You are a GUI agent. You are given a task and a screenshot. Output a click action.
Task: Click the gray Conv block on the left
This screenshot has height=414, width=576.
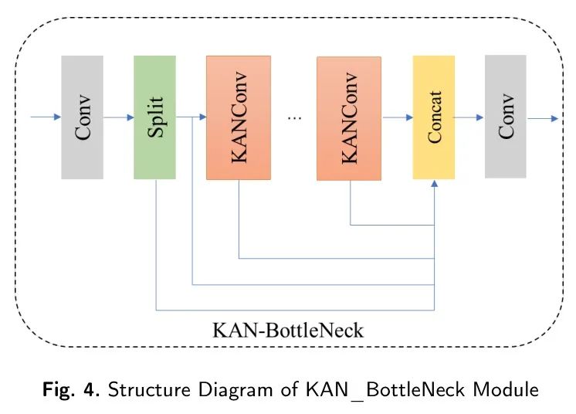click(x=82, y=117)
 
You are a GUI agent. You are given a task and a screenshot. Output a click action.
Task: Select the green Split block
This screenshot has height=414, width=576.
click(x=154, y=117)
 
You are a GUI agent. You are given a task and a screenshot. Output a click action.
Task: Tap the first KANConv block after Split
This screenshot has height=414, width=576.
click(x=239, y=117)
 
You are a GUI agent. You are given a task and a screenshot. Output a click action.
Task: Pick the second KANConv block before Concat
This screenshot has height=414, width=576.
click(x=349, y=118)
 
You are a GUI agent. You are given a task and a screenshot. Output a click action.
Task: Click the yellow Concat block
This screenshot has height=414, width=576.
click(x=434, y=117)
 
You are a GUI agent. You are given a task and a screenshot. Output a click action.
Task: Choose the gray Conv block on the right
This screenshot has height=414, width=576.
click(x=505, y=117)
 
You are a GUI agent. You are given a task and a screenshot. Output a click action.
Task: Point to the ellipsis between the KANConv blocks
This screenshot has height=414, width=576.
click(x=294, y=117)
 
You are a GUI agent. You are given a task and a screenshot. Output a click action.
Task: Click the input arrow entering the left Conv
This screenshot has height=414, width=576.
click(x=45, y=117)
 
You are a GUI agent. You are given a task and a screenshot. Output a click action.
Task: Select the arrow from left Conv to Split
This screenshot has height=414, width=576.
click(x=118, y=117)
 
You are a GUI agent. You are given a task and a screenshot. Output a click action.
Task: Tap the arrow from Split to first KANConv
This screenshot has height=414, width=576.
click(x=191, y=117)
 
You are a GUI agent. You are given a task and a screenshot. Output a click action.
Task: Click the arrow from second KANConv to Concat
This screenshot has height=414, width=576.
click(x=397, y=117)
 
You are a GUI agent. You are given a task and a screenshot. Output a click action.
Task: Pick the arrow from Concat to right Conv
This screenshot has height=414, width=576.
click(x=469, y=117)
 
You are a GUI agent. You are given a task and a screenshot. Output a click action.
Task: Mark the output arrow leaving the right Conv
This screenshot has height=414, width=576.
click(x=543, y=117)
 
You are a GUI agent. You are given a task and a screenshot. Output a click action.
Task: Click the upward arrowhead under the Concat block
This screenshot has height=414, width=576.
click(x=435, y=185)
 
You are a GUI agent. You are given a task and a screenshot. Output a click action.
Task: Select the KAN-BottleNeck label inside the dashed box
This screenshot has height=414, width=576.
click(x=287, y=331)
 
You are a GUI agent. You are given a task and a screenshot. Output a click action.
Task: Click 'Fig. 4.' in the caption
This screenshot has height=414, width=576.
click(x=70, y=389)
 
